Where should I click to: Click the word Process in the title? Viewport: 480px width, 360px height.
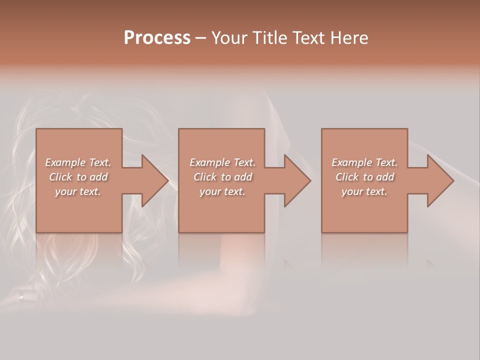(x=157, y=38)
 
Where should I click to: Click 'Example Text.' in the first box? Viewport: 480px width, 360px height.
(x=78, y=162)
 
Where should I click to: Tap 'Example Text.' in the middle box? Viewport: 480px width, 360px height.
(x=222, y=162)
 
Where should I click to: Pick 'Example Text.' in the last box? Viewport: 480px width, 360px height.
(x=364, y=162)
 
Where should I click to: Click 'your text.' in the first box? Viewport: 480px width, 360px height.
(x=78, y=191)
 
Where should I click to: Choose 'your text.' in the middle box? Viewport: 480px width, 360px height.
(x=222, y=191)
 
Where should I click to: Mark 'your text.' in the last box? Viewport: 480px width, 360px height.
(x=364, y=191)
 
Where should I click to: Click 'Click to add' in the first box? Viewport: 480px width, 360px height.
(x=78, y=177)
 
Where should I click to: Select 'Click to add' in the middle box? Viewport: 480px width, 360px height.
(x=222, y=177)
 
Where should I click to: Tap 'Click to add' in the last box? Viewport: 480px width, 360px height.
(x=364, y=177)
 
